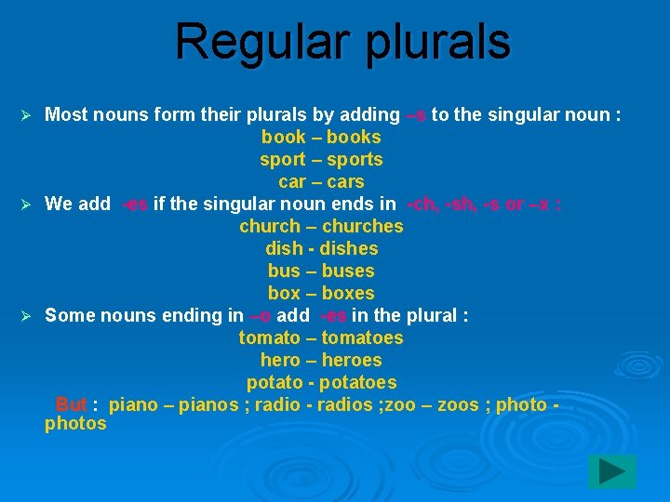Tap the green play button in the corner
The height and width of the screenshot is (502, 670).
(611, 472)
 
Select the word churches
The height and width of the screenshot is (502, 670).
(363, 226)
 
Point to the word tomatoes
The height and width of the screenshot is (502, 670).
(362, 337)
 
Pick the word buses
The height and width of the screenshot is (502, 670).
(347, 271)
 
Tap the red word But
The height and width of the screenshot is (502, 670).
(71, 404)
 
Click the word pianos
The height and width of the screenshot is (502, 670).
(208, 404)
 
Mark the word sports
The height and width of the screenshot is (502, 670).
(355, 159)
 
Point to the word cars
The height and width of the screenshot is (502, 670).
(344, 181)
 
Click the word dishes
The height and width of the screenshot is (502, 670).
(348, 248)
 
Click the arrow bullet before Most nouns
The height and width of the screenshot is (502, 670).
(26, 114)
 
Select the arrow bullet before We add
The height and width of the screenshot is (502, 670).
(26, 204)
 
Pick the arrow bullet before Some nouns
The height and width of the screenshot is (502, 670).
(26, 315)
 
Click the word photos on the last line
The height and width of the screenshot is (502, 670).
(75, 424)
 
